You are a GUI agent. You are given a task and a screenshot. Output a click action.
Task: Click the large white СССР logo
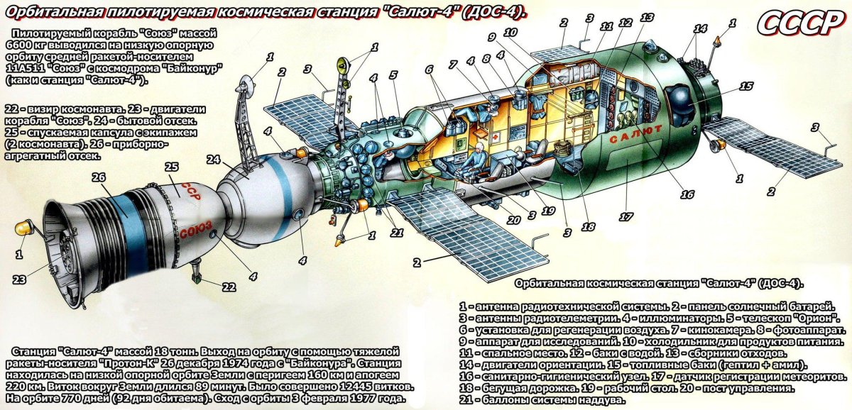click(799, 23)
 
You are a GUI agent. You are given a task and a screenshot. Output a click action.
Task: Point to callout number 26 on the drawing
click(99, 178)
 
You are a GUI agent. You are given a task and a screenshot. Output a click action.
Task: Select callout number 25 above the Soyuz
click(170, 167)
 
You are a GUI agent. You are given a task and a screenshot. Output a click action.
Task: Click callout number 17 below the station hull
click(625, 218)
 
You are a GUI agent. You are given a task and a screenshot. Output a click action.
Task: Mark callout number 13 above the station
click(646, 18)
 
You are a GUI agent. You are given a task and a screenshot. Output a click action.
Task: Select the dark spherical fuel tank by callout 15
click(681, 104)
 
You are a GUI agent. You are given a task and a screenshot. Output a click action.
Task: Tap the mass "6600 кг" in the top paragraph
click(27, 45)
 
